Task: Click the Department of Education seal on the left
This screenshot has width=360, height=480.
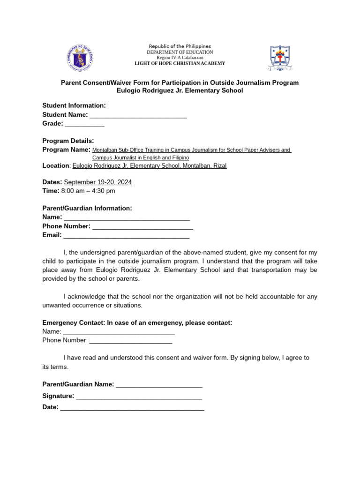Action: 80,59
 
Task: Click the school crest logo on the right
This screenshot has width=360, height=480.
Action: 280,58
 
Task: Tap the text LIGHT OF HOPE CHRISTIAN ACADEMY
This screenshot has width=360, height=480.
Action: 180,63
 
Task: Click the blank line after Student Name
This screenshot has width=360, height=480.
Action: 138,115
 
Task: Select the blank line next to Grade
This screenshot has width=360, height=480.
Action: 84,124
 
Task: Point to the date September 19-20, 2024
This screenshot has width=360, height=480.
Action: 97,182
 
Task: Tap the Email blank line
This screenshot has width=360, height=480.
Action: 127,236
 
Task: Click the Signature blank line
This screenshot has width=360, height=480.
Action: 139,397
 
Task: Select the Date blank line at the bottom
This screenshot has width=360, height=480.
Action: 132,408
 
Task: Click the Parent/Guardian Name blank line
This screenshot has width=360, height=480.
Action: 159,385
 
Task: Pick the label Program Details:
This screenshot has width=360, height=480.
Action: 68,141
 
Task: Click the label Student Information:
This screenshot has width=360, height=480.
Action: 74,105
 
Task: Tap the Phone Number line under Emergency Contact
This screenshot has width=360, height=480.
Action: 130,341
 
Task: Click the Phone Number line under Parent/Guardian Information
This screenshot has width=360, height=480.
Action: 142,227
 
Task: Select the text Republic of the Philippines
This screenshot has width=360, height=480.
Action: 180,46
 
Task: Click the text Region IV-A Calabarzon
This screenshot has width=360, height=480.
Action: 180,58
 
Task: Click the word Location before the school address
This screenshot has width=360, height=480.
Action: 56,165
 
